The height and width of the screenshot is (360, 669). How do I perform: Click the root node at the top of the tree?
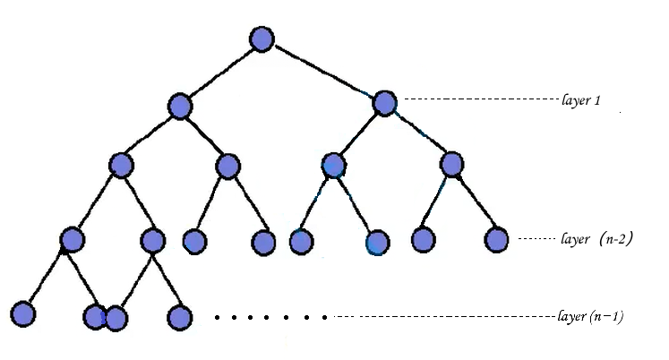click(262, 39)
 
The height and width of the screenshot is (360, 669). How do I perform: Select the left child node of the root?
click(180, 106)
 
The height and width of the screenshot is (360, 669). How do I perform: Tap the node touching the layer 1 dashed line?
click(384, 103)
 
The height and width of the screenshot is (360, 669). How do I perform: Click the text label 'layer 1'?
click(580, 100)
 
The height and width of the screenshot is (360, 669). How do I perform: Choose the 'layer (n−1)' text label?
click(590, 316)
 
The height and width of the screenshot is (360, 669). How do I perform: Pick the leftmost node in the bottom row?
click(22, 314)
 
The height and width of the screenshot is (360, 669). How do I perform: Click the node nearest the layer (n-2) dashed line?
click(496, 239)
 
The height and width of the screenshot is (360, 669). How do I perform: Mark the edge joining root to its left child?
click(220, 73)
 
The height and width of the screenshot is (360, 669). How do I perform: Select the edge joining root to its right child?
click(322, 71)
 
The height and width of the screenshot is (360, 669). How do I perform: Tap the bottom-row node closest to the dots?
click(180, 316)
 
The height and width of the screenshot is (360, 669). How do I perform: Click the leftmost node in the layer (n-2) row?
click(72, 239)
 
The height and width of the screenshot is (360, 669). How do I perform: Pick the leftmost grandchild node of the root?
click(121, 165)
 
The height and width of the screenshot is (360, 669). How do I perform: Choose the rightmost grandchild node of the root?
click(451, 164)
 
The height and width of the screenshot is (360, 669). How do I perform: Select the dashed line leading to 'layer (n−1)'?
click(439, 316)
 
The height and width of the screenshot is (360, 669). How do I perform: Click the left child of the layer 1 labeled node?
click(333, 165)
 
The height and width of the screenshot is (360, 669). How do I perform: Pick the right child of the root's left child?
click(228, 165)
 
